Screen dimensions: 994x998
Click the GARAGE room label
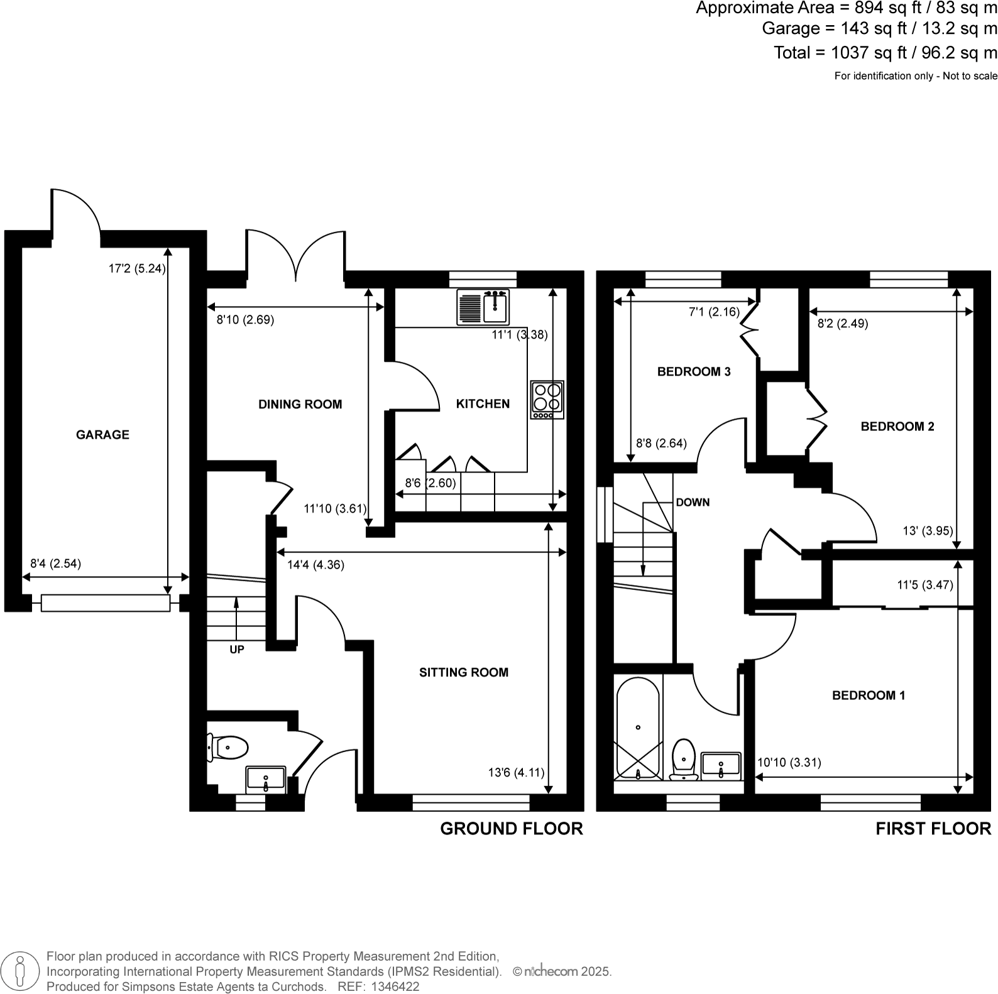coord(102,435)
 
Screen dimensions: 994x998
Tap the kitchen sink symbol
coord(483,307)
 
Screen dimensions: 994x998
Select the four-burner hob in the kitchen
coord(547,399)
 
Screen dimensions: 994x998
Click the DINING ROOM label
coord(300,405)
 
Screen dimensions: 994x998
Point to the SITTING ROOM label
coord(464,673)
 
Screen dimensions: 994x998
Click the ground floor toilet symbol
coord(228,748)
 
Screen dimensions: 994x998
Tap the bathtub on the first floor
coord(638,727)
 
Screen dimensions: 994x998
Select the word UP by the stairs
coord(237,650)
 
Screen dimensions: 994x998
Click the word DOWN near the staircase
coord(693,503)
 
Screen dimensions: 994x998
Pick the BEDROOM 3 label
coord(694,372)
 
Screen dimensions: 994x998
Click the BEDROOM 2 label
coord(897,427)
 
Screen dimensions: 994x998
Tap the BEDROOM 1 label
coord(869,696)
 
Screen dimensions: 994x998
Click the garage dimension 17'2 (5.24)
coord(137,269)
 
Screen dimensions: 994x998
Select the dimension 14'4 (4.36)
coord(315,565)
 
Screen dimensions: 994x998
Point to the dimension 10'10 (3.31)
coord(789,763)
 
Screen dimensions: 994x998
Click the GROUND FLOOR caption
coord(512,829)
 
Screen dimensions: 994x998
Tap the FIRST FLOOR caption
coord(933,829)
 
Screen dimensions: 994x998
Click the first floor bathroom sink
coord(721,765)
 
